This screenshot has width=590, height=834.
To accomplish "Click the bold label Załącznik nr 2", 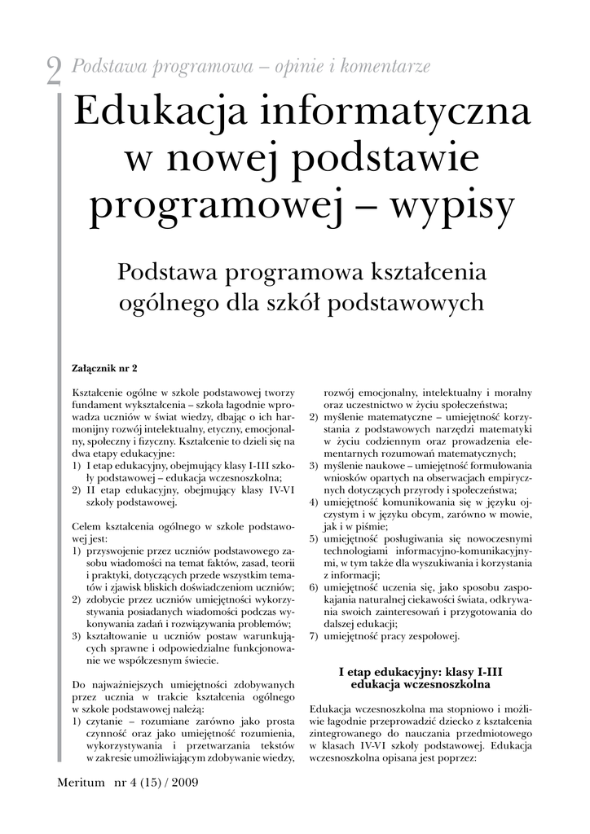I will click(105, 367).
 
